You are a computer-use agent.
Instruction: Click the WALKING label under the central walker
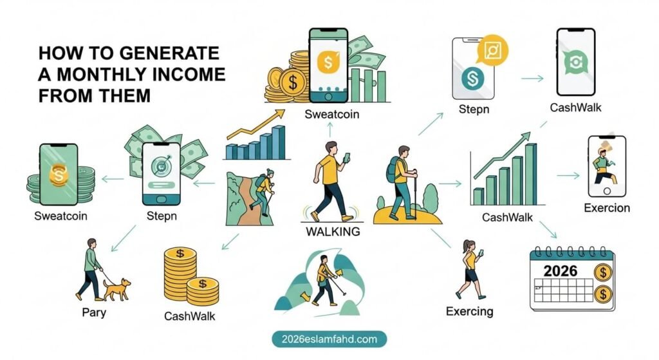333,231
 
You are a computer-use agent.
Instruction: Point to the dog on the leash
116,289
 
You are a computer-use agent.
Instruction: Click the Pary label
94,313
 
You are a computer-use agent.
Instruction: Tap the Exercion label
606,207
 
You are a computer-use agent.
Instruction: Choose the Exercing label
469,312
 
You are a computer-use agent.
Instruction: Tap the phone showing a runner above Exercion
607,166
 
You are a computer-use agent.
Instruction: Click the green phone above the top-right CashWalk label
575,61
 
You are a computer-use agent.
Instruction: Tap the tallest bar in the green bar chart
530,173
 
